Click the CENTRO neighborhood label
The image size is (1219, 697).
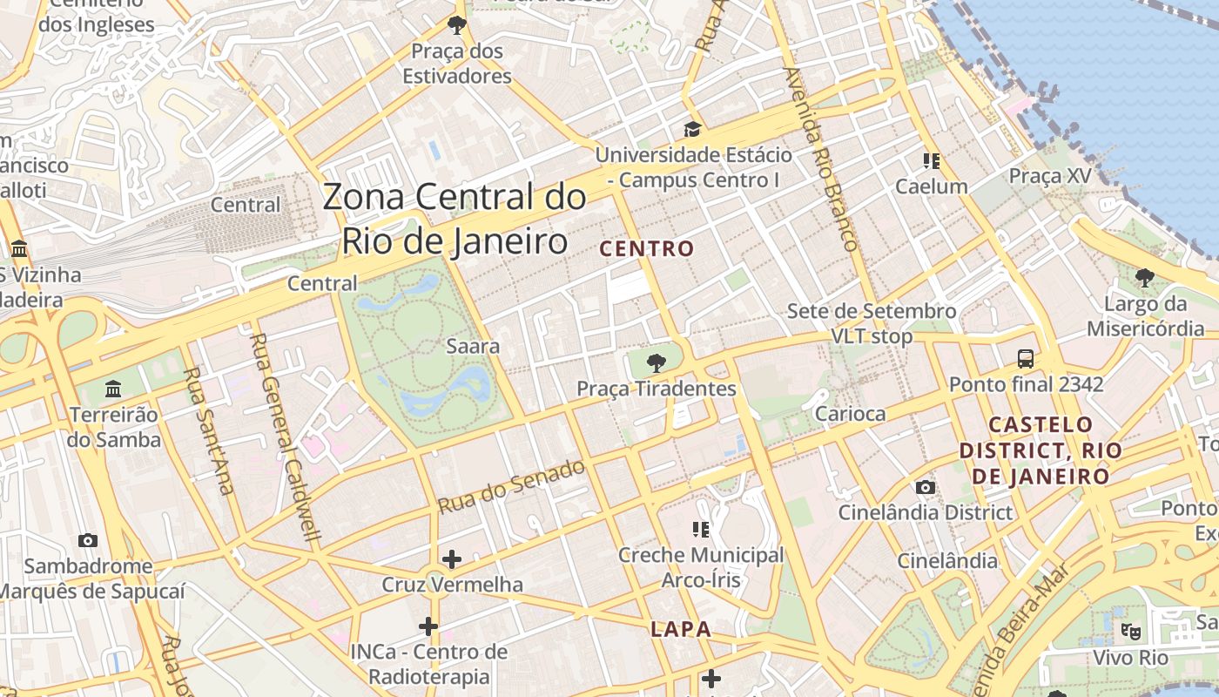pos(647,249)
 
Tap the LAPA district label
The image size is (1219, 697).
pos(681,629)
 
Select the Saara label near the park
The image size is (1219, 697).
pos(473,346)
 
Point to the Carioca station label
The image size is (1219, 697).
pos(850,414)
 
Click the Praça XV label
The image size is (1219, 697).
pos(1049,176)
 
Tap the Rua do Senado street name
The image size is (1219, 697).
pos(511,486)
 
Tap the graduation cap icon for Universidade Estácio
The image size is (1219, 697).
pos(692,130)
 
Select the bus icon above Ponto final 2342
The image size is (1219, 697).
pos(1026,358)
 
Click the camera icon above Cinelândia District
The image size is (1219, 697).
pos(925,487)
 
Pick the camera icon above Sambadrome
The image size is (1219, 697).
pos(87,540)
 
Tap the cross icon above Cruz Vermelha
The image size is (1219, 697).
pos(452,558)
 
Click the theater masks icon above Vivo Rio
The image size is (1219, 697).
pos(1130,630)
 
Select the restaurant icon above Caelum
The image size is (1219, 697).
pos(932,161)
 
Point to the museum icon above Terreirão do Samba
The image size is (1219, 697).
pos(113,389)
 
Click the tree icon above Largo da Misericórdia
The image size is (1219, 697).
pos(1145,278)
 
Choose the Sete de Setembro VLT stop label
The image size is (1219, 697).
pos(872,323)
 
